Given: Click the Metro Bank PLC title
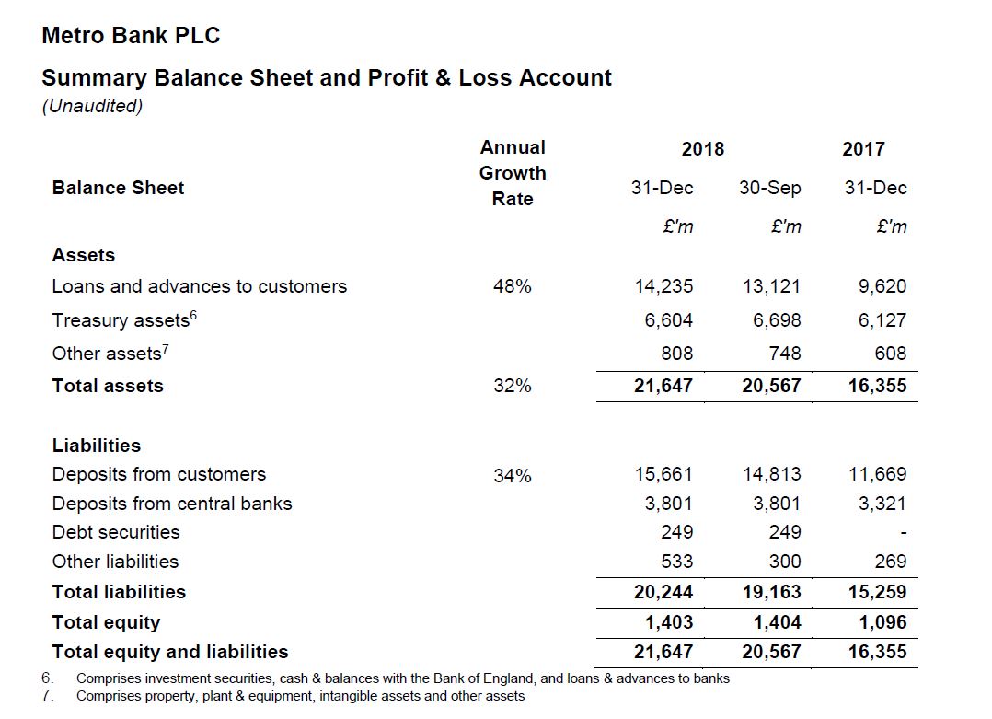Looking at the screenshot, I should pos(131,36).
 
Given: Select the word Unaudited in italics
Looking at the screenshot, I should pos(92,106).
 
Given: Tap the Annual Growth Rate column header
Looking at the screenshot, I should pos(513,173).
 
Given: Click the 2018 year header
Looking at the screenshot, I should pos(702,149).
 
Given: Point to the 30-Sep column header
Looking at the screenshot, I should pos(769,188).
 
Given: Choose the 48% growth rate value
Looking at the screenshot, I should pos(513,286).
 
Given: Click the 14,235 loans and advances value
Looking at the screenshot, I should pos(663,286).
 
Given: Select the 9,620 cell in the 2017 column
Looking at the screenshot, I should pos(882,286).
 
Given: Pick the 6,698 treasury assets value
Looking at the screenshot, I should pos(771,320).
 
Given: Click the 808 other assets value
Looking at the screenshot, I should pos(677,354).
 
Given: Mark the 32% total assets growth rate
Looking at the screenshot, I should pos(513,387).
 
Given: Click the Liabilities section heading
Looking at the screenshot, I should pos(97,446).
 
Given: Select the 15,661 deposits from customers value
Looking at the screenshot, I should pos(663,474).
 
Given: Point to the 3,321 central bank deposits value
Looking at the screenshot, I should pos(882,504).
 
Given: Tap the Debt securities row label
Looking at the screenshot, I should pos(116,532).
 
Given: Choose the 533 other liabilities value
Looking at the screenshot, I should pos(677,562).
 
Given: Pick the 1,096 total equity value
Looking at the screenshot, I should pos(882,622).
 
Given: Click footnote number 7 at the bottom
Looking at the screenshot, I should pos(47,696).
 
